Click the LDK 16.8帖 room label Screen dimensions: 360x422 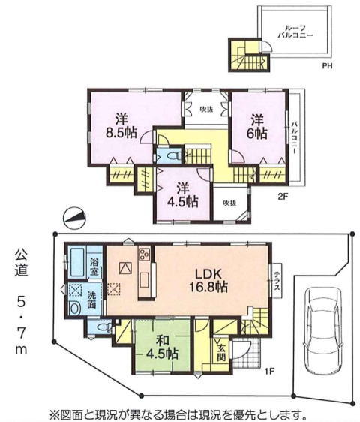pos(208,281)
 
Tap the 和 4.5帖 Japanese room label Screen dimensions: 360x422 pos(162,348)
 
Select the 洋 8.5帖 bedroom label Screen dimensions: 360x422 pos(121,126)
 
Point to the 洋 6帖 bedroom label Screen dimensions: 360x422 pos(257,126)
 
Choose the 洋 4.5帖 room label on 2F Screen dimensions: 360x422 pos(183,195)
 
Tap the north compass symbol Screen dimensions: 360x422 pos(74,218)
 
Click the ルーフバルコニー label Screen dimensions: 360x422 pos(295,32)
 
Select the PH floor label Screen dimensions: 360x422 pos(327,65)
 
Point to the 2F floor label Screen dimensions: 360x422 pos(283,196)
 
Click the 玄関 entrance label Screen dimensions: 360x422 pos(221,353)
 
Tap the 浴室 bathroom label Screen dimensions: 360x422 pos(94,267)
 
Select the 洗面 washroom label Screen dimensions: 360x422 pos(91,300)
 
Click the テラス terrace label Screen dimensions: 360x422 pos(277,281)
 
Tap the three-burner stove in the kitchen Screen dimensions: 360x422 pos(144,254)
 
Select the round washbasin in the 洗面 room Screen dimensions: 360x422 pos(74,308)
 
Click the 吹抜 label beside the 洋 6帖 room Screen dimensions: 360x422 pos(206,109)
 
